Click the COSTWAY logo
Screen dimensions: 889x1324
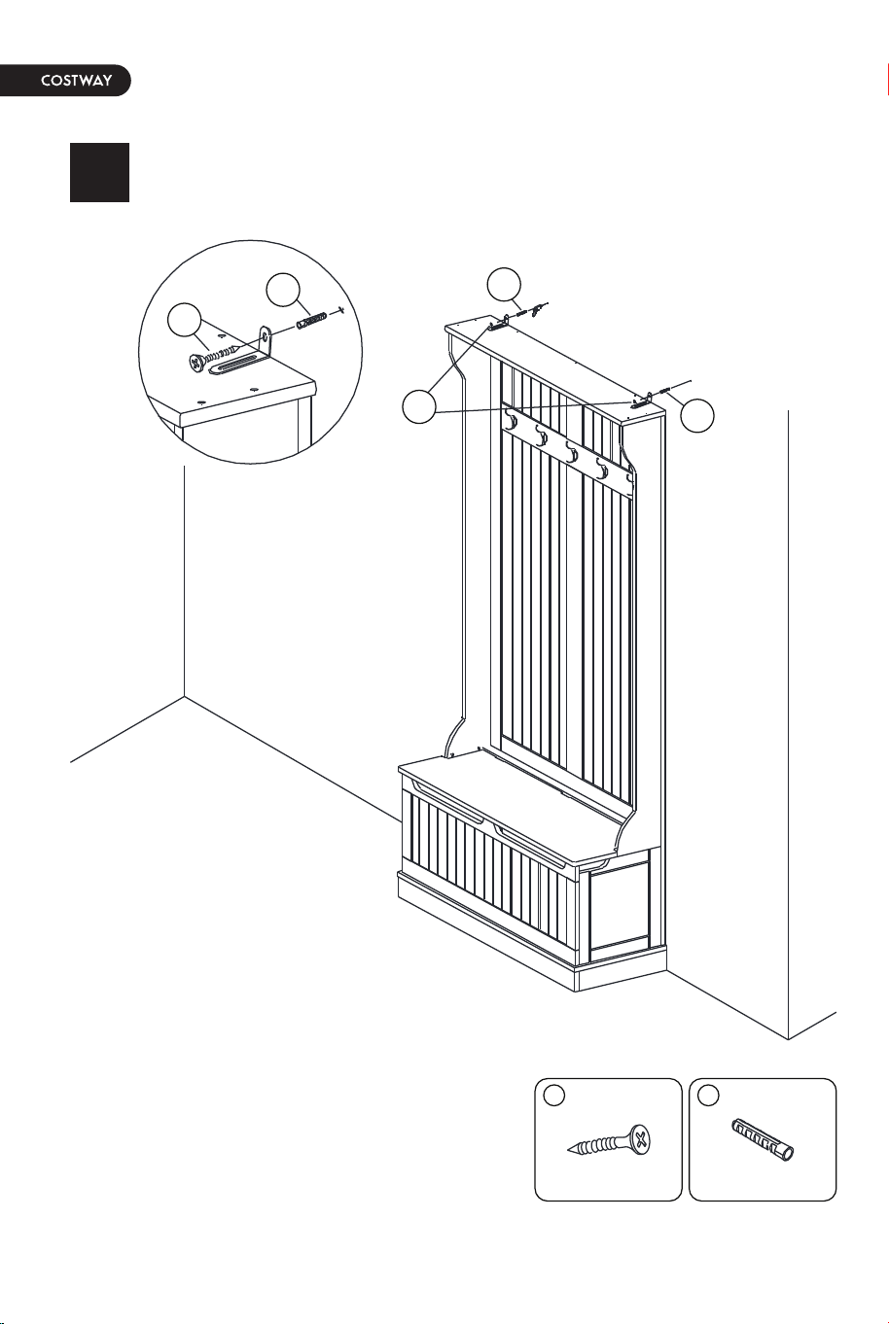click(x=76, y=81)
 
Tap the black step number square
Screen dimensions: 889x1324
click(x=99, y=172)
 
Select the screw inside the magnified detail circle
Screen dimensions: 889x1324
click(x=214, y=356)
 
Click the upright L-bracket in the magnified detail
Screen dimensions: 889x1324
click(x=266, y=343)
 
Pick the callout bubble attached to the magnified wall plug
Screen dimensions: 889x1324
click(x=283, y=290)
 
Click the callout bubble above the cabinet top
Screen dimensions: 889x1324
click(x=504, y=285)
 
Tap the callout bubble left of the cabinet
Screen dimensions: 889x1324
click(x=419, y=406)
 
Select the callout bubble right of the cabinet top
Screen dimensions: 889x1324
click(x=696, y=415)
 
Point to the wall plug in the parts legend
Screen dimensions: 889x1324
click(x=763, y=1139)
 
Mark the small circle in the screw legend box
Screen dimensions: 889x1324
click(x=554, y=1096)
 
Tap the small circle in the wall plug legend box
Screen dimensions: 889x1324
click(x=709, y=1096)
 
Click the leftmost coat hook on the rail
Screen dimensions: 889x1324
click(x=511, y=422)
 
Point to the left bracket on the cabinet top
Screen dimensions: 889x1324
click(x=500, y=323)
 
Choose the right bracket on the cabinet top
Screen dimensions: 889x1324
click(x=642, y=401)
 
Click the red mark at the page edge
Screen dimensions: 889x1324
click(x=887, y=79)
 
